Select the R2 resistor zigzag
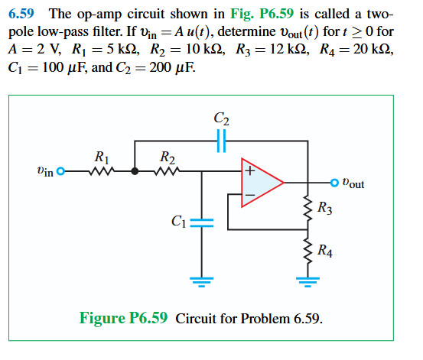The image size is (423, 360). tap(168, 172)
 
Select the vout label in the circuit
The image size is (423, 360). tap(353, 183)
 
